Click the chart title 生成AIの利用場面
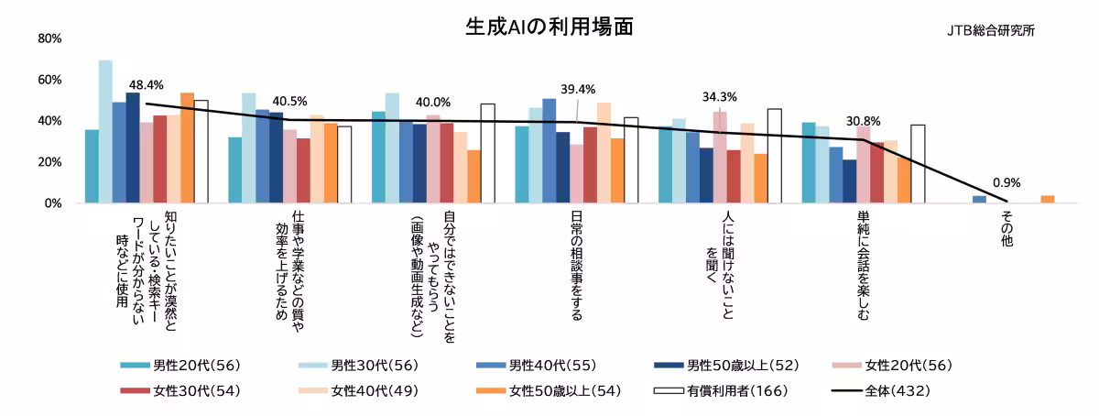click(x=549, y=27)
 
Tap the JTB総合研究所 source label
click(x=991, y=30)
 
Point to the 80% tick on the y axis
click(x=49, y=38)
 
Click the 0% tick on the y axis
click(x=53, y=203)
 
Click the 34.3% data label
click(x=720, y=96)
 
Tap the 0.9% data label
click(x=1006, y=182)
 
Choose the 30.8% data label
click(x=864, y=121)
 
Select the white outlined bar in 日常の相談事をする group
click(x=631, y=160)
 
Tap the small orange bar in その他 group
click(x=1048, y=199)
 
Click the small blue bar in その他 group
click(x=979, y=199)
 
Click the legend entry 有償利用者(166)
click(x=727, y=391)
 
